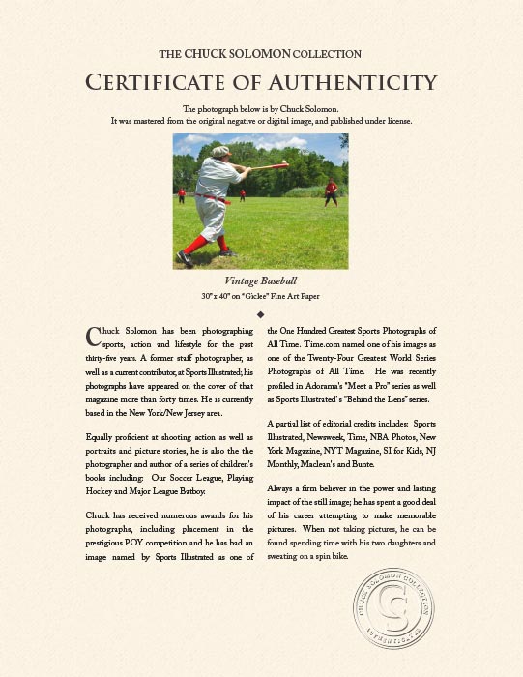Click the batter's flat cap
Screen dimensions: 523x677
click(x=221, y=151)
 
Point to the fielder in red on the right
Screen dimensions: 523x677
click(x=332, y=191)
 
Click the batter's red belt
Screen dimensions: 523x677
click(x=217, y=199)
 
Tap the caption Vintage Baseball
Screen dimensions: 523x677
click(x=261, y=280)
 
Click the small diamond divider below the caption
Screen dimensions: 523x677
click(x=261, y=314)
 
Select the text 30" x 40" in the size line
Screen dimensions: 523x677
click(x=218, y=294)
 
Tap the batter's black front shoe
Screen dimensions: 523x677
click(x=184, y=257)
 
